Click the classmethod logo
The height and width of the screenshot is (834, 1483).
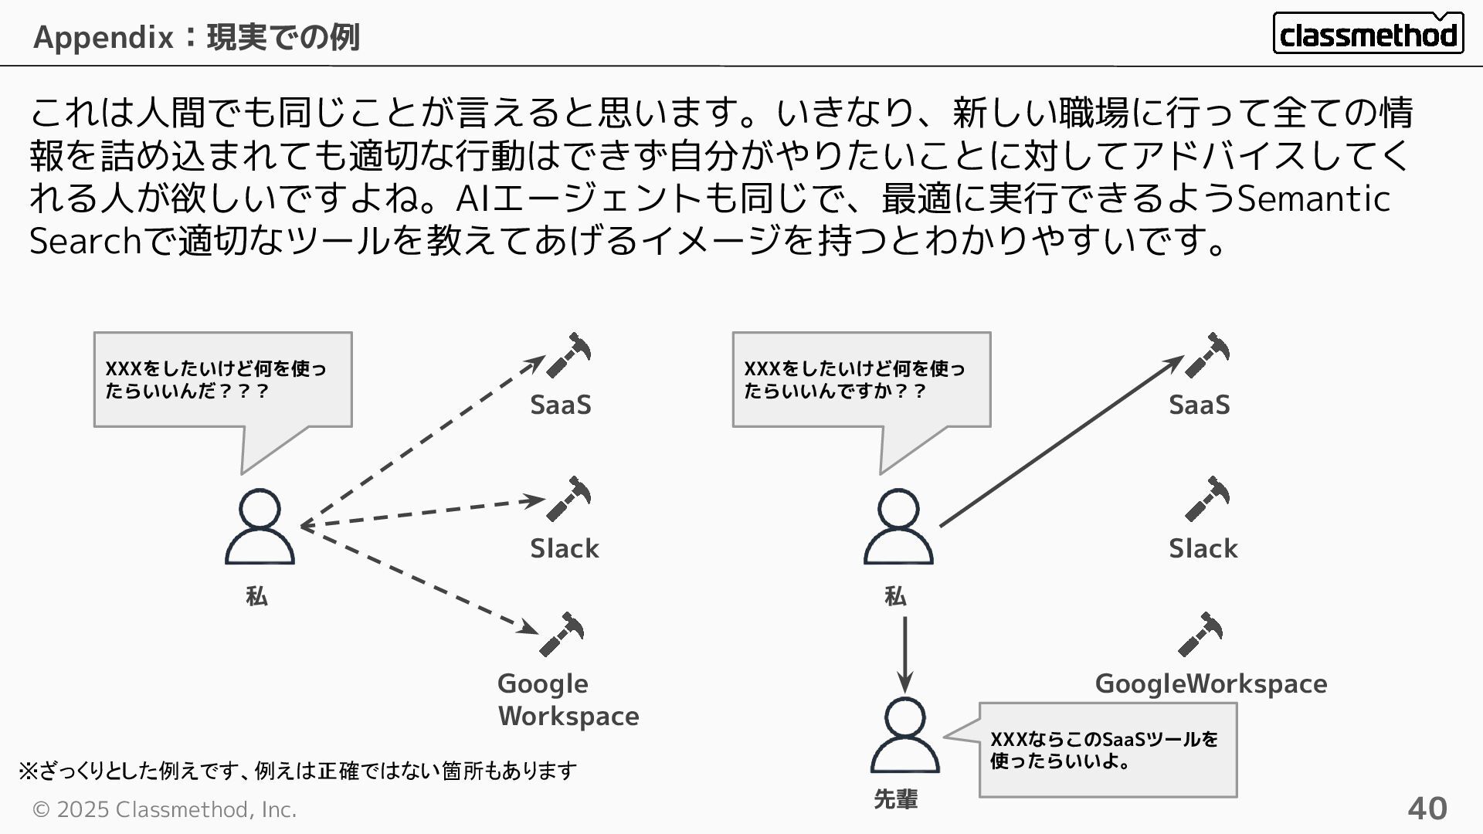point(1367,33)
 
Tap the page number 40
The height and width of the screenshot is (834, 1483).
point(1427,809)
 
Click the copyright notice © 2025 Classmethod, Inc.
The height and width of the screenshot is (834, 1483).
point(164,809)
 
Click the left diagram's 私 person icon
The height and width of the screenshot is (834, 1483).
point(260,527)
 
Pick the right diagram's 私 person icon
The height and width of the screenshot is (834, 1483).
point(898,527)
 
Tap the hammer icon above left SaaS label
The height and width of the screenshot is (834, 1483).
point(568,356)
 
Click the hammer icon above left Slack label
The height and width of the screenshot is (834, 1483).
point(568,499)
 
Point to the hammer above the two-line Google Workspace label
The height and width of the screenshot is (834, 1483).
point(562,635)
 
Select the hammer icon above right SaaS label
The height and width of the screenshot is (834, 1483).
point(1207,356)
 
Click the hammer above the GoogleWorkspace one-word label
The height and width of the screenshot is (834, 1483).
point(1200,635)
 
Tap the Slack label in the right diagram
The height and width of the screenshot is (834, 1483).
point(1203,548)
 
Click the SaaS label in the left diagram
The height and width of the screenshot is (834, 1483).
point(561,405)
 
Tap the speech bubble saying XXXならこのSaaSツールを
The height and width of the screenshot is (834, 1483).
point(1107,750)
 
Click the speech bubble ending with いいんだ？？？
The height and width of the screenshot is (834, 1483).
point(222,380)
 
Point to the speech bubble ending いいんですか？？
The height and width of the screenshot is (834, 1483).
point(861,380)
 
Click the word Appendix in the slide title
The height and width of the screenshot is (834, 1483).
point(104,36)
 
